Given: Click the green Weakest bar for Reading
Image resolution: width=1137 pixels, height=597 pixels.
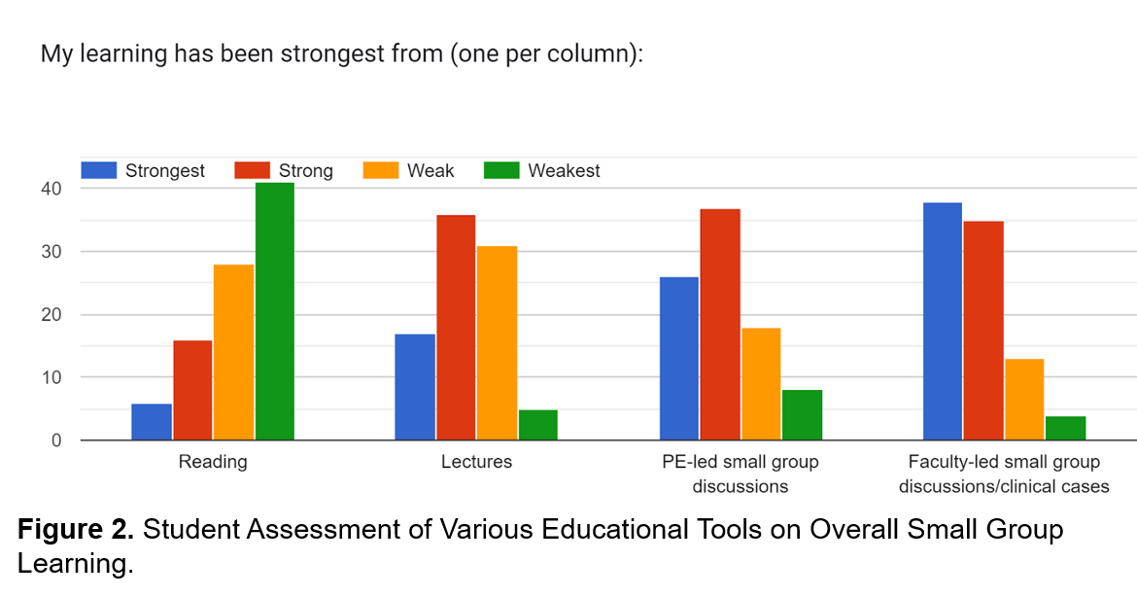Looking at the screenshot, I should point(274,311).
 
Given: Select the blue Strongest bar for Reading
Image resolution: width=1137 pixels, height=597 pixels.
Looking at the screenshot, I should point(152,422).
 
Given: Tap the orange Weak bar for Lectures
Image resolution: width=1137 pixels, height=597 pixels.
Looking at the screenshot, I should point(497,343).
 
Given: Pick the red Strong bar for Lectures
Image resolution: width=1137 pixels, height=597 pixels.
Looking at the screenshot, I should point(456,328).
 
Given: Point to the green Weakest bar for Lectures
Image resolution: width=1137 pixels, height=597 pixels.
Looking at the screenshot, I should point(537,425).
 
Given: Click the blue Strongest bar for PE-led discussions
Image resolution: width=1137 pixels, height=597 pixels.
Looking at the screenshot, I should point(679,359).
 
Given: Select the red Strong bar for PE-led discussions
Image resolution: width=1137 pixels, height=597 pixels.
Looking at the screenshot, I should point(720,325).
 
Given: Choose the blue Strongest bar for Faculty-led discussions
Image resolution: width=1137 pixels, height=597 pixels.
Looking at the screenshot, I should point(943,321).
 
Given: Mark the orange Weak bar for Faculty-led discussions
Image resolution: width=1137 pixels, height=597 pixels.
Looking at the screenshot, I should point(1024,400).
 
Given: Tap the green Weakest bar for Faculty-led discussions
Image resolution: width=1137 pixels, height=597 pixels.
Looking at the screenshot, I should point(1065,428).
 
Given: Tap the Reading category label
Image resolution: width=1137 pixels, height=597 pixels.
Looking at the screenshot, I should point(213,462).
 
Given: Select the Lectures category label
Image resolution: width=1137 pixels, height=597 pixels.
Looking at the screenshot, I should point(476,462).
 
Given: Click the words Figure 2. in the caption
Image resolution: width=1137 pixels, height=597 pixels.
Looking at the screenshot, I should point(75,530).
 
